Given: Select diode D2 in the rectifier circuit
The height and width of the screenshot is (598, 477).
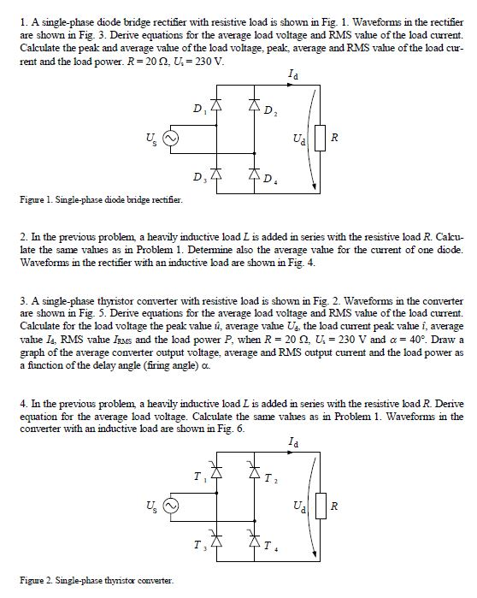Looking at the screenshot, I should click(x=254, y=110).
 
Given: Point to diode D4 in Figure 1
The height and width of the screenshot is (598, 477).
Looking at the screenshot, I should click(x=254, y=177).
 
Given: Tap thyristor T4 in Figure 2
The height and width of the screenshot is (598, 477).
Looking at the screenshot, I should click(x=254, y=541).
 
